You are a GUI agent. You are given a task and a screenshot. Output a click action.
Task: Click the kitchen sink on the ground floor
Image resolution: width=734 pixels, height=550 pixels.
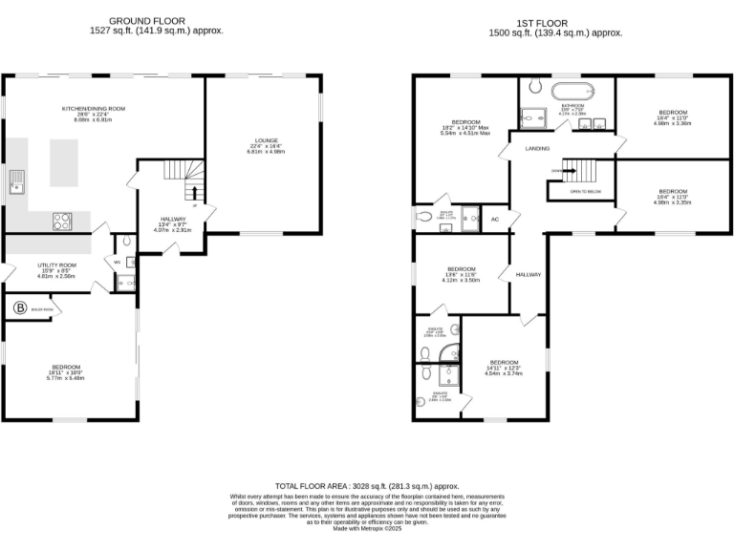point(16,181)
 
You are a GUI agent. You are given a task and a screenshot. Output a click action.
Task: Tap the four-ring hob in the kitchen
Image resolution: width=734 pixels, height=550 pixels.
point(62,221)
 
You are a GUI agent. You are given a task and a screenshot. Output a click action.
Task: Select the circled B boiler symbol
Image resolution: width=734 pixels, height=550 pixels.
point(20,307)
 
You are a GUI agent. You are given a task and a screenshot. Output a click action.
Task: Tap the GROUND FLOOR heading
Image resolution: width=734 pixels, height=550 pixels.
point(147,21)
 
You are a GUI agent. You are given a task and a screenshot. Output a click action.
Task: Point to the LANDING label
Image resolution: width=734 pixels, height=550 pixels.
point(537,149)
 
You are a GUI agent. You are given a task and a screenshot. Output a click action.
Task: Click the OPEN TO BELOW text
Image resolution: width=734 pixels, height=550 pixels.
point(585,191)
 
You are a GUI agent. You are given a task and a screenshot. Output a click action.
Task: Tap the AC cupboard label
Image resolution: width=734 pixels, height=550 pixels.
point(495,219)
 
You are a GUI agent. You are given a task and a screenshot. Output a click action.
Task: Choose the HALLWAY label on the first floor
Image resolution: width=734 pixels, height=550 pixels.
point(529,274)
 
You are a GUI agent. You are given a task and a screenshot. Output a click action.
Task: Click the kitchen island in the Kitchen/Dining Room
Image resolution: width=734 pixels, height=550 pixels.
point(63,162)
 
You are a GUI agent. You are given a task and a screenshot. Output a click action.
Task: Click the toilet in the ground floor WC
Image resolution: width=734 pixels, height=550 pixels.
point(129,261)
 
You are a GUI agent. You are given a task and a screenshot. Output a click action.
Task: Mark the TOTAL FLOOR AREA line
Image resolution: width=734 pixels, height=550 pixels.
point(367,486)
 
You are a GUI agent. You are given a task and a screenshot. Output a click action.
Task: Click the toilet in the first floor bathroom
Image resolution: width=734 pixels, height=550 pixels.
point(535,83)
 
